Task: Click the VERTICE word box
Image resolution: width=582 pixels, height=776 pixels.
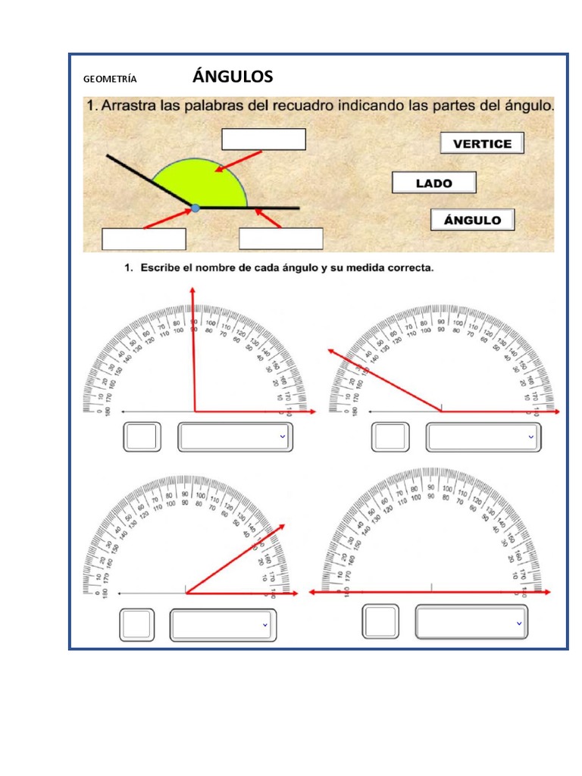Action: (482, 143)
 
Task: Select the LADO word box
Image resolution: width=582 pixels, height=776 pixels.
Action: (433, 183)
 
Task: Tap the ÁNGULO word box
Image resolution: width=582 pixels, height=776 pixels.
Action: (472, 221)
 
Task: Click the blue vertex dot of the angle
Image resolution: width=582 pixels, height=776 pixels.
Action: (196, 207)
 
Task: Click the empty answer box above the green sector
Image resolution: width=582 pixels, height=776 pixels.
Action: (263, 139)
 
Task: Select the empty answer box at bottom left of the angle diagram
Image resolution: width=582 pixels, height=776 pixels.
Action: (144, 239)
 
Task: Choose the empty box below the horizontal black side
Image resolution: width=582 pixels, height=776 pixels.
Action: (281, 239)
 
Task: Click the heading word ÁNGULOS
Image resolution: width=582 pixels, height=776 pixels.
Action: (233, 77)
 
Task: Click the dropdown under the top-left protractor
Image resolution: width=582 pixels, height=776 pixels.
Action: (235, 437)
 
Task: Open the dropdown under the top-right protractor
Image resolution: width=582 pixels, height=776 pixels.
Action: (483, 437)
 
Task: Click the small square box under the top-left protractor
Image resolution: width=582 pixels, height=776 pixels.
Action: (142, 437)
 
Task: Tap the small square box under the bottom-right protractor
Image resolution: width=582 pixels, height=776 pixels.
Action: (380, 622)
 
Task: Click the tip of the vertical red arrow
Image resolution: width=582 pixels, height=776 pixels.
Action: (192, 291)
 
